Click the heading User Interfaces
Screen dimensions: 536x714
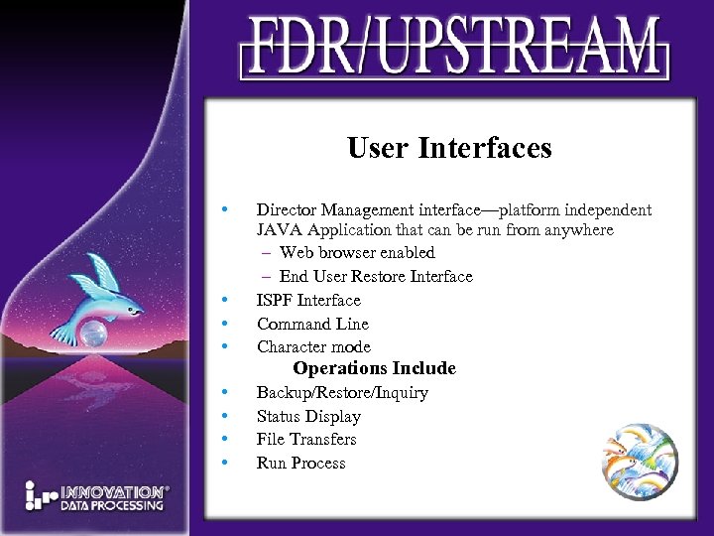[449, 149]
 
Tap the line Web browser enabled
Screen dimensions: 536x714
[356, 253]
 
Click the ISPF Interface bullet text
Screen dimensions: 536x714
[308, 300]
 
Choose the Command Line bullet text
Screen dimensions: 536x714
[312, 324]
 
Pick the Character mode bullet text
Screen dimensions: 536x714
[313, 346]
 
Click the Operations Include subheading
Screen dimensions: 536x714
[374, 368]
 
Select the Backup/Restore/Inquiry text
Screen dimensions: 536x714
[342, 393]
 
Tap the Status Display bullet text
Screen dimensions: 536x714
[308, 417]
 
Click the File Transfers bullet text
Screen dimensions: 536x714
[306, 440]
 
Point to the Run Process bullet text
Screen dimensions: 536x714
[300, 464]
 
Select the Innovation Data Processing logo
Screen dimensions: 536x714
[96, 496]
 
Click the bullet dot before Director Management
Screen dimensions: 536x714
[227, 209]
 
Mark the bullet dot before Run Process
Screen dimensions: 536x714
[227, 464]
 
